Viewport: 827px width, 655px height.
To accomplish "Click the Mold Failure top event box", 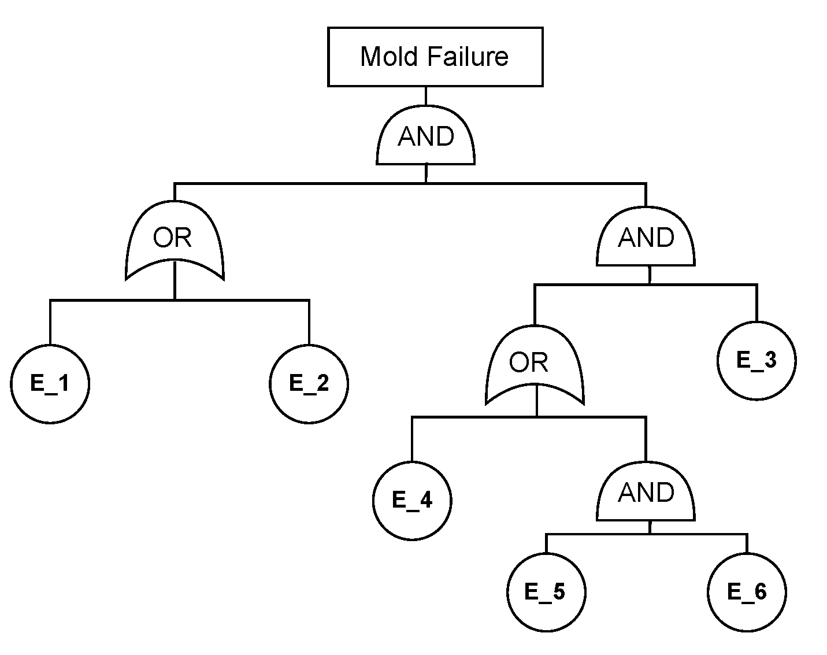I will click(435, 57).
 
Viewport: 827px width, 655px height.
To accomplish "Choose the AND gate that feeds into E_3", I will click(646, 238).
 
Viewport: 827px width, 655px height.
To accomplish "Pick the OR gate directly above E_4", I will click(535, 364).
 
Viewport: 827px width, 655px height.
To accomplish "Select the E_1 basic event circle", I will click(50, 384).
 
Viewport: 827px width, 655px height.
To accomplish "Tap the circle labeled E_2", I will click(309, 384).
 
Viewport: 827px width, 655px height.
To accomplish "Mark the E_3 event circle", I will click(756, 360).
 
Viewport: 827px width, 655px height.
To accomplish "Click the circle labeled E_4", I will click(412, 501).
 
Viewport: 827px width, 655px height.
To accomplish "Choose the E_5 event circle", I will click(546, 592).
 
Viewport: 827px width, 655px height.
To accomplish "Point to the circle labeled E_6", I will click(747, 592).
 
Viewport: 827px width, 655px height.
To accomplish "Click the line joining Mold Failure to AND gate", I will click(426, 95).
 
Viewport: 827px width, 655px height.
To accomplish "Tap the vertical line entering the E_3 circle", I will click(756, 304).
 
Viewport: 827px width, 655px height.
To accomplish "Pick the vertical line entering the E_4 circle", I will click(412, 439).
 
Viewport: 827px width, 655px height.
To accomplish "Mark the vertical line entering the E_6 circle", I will click(747, 543).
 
